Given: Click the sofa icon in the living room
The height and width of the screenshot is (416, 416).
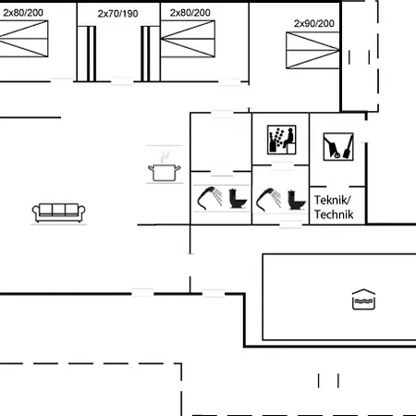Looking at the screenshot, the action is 58,213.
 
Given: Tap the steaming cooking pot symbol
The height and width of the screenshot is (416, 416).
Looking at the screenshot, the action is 165,168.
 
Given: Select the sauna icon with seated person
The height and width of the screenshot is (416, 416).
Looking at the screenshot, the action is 282,140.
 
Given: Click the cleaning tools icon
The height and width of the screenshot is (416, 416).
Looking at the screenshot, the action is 338,147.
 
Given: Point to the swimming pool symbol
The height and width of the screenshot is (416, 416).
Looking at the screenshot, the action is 363,300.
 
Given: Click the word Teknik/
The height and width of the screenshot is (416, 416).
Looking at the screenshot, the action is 333,200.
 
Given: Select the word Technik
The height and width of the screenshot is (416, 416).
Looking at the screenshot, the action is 334,214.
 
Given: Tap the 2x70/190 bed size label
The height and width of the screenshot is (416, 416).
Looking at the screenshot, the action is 117,14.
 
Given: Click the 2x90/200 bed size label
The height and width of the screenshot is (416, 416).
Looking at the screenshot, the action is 314,23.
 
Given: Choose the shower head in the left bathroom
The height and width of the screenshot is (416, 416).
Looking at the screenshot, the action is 210,198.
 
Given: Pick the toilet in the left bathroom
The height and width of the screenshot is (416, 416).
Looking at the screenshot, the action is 238,199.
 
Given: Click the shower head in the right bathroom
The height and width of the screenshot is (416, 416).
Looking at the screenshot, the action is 268,199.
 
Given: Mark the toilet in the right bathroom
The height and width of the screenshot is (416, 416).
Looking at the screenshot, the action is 297,200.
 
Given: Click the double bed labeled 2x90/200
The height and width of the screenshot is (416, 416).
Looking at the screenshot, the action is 312,50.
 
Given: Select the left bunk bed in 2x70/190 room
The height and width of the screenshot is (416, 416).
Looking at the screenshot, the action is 87,54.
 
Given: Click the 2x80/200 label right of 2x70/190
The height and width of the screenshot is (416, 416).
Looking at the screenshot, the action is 190,13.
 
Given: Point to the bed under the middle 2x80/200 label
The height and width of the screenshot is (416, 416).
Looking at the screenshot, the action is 188,39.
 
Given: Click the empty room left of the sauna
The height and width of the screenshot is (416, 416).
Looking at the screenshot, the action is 221,142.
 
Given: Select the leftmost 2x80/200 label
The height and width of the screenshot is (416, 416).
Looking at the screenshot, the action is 23,13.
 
